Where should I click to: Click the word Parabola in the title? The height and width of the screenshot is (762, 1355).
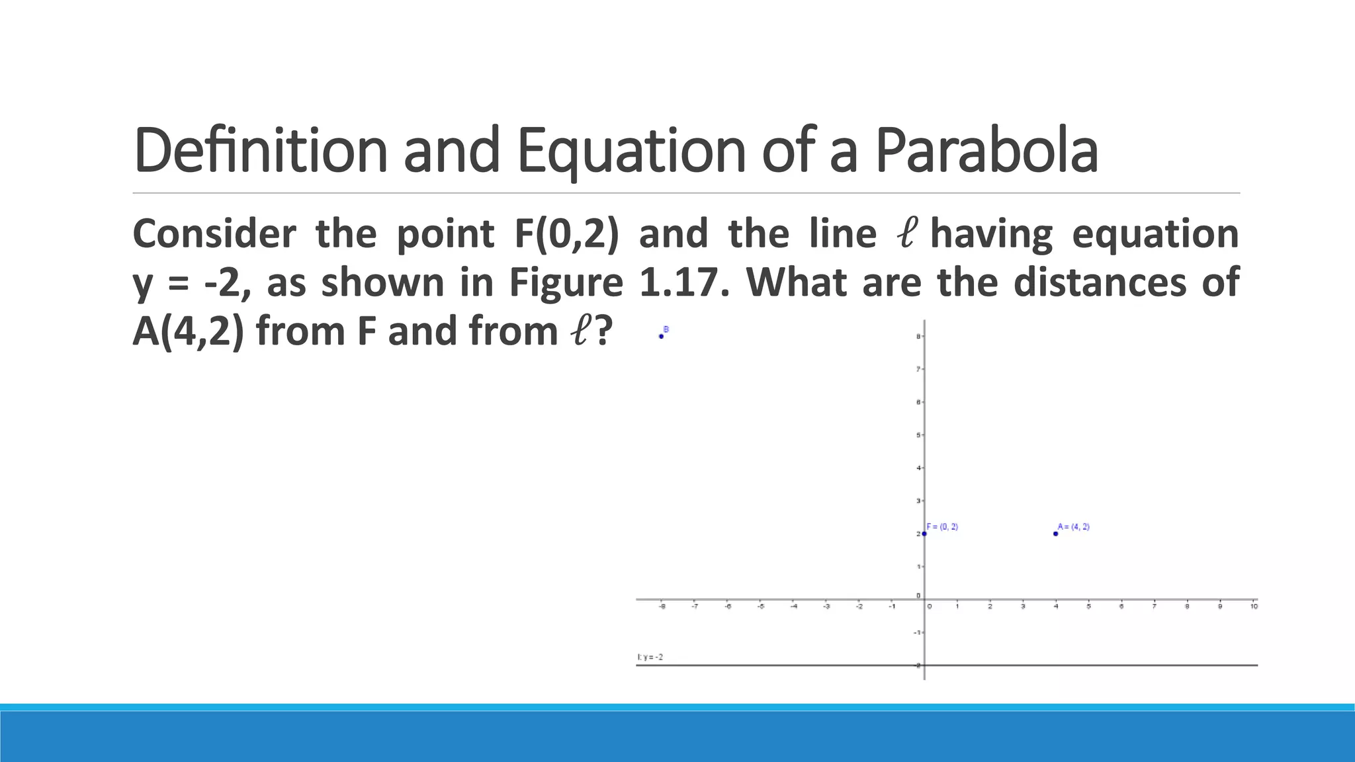pyautogui.click(x=986, y=151)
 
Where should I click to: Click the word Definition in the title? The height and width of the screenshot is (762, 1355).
pyautogui.click(x=260, y=151)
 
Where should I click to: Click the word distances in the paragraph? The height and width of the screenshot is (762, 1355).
pyautogui.click(x=1100, y=282)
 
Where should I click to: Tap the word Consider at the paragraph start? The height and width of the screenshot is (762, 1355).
pyautogui.click(x=214, y=234)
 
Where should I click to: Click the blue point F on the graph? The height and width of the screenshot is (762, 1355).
pyautogui.click(x=924, y=533)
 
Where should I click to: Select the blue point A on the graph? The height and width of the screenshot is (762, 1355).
pyautogui.click(x=1055, y=533)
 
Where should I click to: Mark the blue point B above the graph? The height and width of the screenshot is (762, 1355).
pyautogui.click(x=661, y=336)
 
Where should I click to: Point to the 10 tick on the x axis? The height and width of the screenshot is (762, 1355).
pyautogui.click(x=1254, y=606)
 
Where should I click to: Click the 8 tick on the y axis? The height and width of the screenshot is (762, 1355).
pyautogui.click(x=918, y=337)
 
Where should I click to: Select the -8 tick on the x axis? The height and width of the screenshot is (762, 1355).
pyautogui.click(x=662, y=606)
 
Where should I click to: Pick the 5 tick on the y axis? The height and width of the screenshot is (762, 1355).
pyautogui.click(x=918, y=435)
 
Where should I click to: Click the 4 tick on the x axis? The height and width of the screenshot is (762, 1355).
pyautogui.click(x=1056, y=606)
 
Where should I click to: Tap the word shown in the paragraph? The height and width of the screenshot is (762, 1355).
pyautogui.click(x=382, y=282)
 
